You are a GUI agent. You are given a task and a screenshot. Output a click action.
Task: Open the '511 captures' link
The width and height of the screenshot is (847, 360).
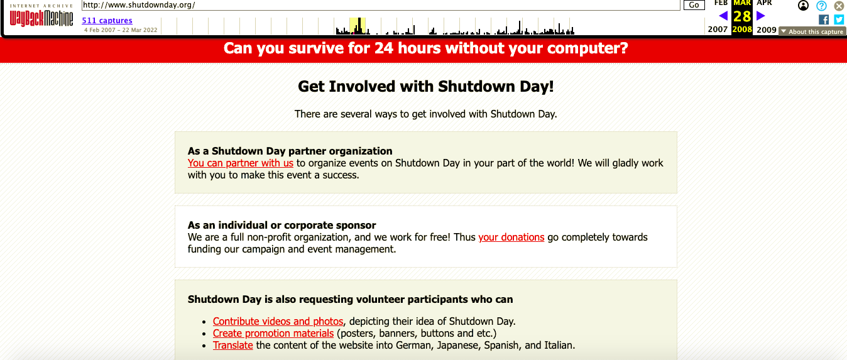107,21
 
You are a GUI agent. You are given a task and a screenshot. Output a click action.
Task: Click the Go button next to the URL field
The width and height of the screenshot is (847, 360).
694,5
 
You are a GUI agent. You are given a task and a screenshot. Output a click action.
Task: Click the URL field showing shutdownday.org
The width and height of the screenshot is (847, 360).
380,5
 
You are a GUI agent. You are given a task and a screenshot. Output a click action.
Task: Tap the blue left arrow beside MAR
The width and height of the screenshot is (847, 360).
723,16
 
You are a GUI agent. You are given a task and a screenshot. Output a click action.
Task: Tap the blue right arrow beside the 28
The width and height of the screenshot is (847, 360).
761,16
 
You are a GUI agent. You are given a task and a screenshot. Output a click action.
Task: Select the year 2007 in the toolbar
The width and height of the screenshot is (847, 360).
718,30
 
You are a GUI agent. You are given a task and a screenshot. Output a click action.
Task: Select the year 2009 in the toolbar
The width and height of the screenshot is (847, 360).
767,30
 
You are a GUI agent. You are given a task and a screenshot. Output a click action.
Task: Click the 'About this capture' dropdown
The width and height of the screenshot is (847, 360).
812,32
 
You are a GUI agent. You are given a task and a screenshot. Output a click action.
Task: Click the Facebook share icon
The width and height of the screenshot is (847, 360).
824,19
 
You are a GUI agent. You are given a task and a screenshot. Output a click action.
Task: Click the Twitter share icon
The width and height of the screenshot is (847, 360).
839,19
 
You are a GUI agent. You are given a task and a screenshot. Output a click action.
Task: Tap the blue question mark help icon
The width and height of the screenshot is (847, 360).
821,6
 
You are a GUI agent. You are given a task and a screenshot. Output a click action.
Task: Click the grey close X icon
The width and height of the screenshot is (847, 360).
839,6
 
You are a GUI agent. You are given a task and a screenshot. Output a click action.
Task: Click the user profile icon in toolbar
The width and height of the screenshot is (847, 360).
803,6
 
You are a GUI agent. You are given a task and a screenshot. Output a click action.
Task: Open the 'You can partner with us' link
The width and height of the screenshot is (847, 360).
241,163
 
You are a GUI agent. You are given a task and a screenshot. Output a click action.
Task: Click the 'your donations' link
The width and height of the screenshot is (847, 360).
511,237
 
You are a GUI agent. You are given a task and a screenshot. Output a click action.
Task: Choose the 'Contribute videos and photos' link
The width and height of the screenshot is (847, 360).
278,321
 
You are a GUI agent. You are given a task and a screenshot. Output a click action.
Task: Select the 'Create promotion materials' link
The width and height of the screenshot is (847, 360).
273,333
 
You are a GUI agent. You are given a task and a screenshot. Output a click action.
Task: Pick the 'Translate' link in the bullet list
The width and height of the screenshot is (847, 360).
233,346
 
